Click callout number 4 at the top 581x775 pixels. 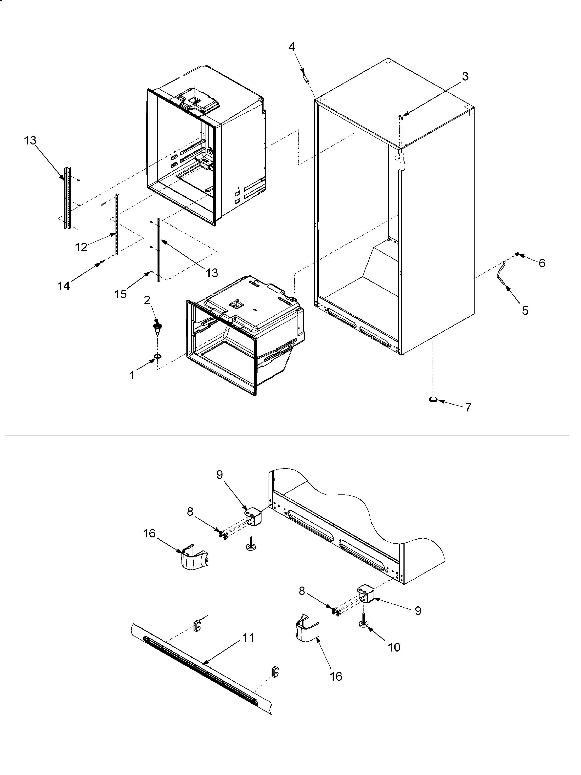(292, 47)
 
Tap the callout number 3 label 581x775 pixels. (465, 76)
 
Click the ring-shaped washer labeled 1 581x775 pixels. (158, 357)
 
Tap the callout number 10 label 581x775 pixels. (394, 648)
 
